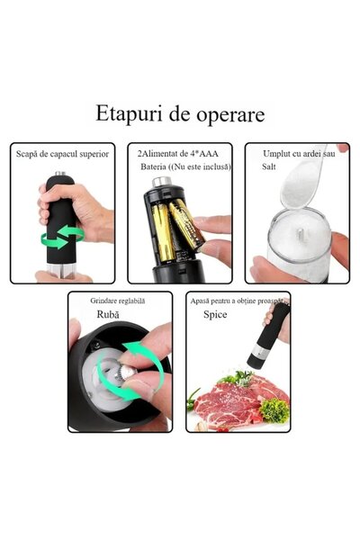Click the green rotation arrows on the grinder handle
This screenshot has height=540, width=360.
(x=62, y=235)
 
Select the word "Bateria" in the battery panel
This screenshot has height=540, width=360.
(x=157, y=166)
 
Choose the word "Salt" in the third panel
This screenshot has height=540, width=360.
(x=269, y=167)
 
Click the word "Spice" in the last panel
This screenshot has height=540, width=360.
(x=215, y=314)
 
